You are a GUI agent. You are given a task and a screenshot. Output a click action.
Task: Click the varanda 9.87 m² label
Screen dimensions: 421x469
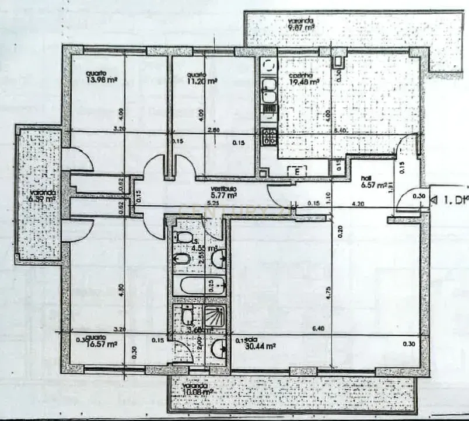pos(301,26)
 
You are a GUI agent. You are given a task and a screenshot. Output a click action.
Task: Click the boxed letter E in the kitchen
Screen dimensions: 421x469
pos(297,170)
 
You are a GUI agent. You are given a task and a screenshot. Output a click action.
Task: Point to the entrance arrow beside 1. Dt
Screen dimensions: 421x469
pos(433,199)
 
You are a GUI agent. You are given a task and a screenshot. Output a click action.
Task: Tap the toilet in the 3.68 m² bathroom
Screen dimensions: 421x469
pos(187,316)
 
